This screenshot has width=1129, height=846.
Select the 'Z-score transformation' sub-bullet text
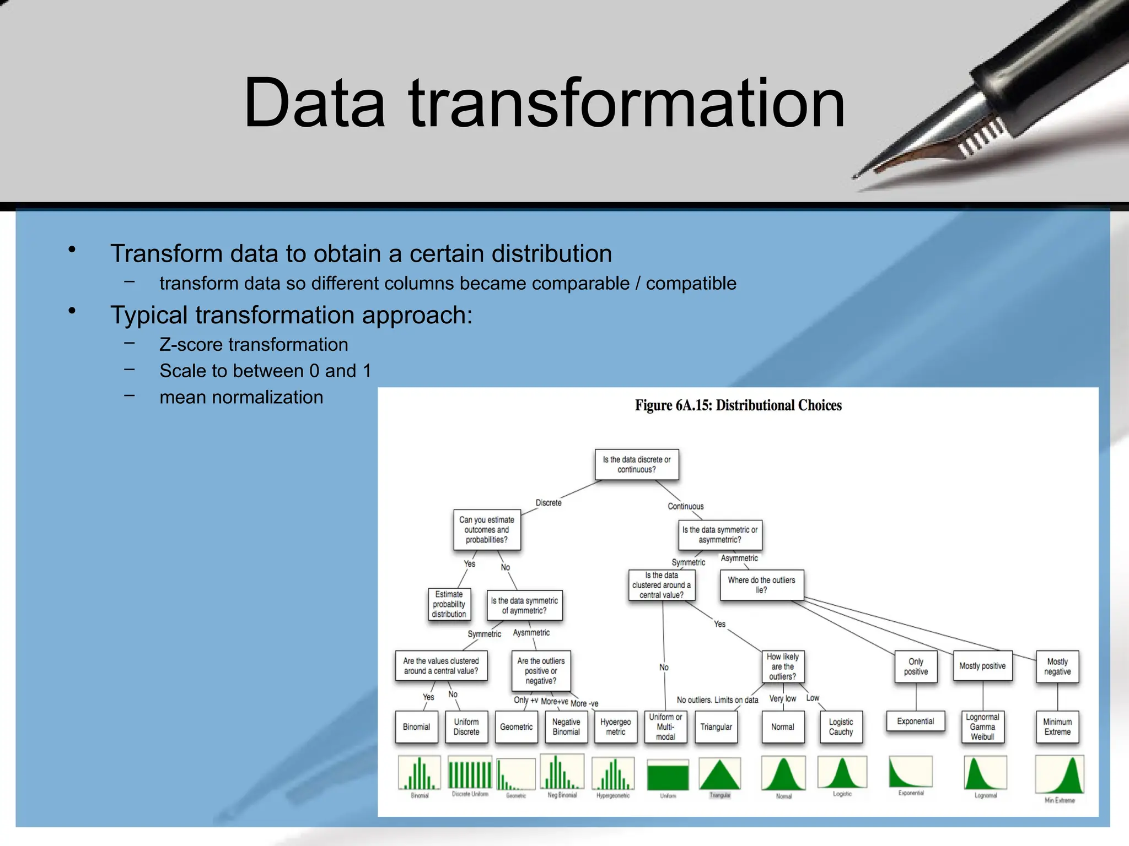(254, 345)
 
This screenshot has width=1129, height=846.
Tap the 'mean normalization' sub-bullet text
(241, 397)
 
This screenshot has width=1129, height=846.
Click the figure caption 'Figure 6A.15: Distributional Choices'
(738, 406)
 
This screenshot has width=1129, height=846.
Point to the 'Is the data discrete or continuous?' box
(637, 464)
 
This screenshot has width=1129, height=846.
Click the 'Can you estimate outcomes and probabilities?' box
(487, 530)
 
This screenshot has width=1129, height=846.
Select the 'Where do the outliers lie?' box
(761, 585)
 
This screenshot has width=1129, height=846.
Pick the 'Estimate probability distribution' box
(449, 604)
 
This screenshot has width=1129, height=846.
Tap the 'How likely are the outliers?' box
(782, 666)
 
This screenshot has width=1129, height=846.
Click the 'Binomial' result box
(416, 727)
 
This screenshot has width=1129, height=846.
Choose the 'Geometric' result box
(516, 727)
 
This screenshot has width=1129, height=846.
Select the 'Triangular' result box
(716, 727)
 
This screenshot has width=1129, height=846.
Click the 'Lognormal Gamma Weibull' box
(982, 727)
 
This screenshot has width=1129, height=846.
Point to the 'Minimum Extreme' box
(1057, 727)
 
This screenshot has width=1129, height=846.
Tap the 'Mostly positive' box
(982, 666)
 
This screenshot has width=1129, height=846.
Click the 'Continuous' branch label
(685, 506)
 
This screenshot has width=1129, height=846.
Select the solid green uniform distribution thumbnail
(668, 775)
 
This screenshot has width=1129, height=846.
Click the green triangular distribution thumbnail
(719, 774)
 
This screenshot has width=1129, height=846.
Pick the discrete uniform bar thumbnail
(470, 773)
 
